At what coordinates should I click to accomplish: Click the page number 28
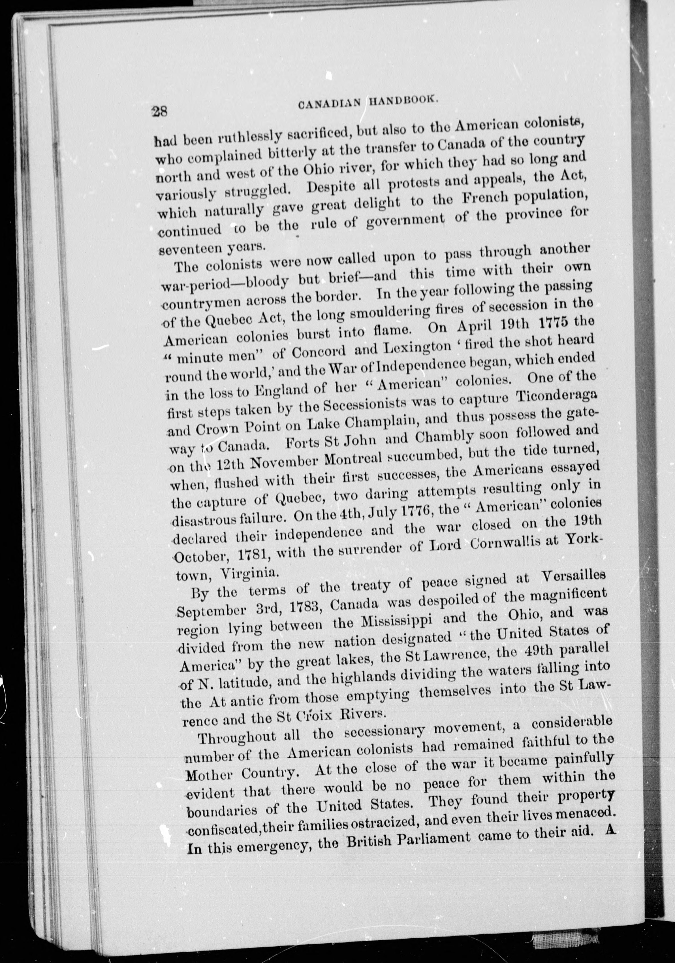[x=160, y=112]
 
